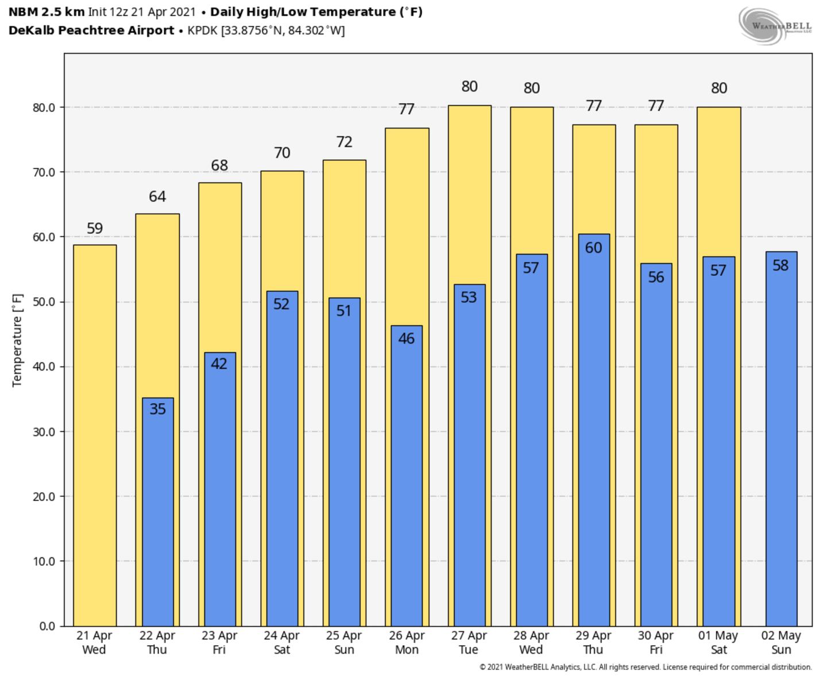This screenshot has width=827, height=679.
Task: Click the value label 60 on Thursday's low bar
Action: point(593,248)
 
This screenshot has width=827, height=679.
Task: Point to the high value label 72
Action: point(344,142)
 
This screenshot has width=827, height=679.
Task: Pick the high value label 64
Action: point(157,196)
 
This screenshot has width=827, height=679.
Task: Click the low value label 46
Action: point(406,338)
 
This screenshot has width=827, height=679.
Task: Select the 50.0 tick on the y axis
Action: point(44,302)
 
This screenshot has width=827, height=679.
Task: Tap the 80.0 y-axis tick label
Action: point(44,107)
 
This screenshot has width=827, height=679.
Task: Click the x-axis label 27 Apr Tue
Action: point(469,643)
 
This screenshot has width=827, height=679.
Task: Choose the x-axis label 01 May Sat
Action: point(718,643)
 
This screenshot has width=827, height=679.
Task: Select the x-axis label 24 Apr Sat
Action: point(281,643)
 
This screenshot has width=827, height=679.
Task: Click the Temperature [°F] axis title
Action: point(17,340)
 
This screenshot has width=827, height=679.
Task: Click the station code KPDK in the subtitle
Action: point(203,30)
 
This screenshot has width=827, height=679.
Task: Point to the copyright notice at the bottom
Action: point(646,668)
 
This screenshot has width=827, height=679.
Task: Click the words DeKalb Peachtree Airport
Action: point(91,30)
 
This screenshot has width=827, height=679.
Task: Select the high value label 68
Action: point(219,165)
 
